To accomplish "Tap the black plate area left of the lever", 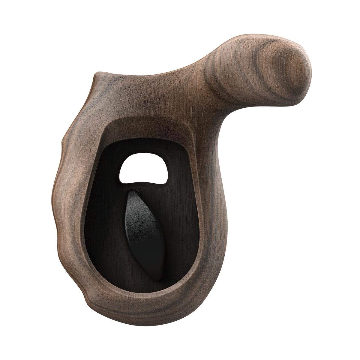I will [x=108, y=216].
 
